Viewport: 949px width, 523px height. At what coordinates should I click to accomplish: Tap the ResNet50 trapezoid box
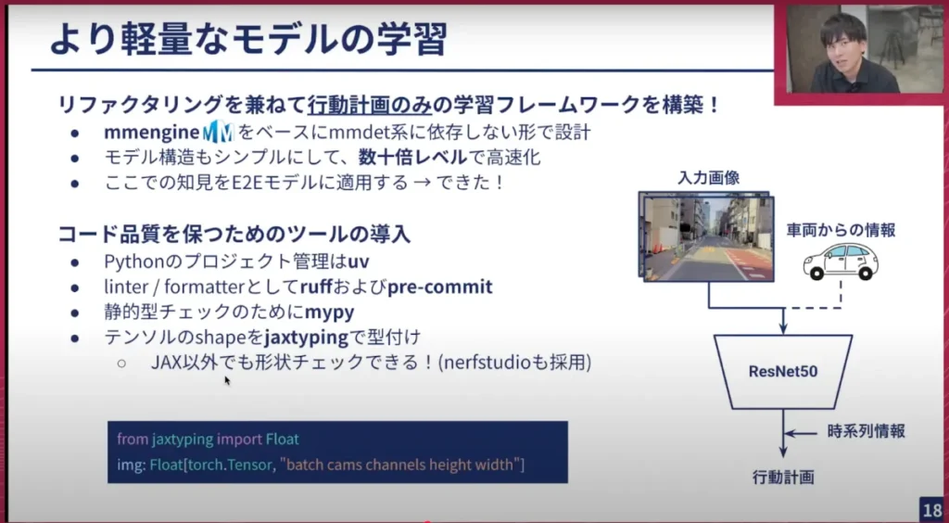click(x=783, y=371)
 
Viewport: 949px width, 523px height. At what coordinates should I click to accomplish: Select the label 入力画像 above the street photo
click(x=709, y=178)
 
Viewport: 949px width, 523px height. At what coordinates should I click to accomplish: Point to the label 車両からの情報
click(x=841, y=230)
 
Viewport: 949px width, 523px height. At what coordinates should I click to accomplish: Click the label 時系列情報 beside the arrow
click(x=867, y=431)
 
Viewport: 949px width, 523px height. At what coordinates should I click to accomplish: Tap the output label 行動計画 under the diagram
click(x=783, y=478)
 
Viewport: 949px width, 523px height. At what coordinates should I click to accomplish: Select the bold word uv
click(x=359, y=261)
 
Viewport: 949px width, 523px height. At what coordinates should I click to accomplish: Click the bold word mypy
click(x=329, y=313)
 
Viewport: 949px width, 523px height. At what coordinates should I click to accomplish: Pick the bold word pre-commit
click(x=440, y=287)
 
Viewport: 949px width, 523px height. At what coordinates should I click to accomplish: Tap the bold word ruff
click(x=317, y=287)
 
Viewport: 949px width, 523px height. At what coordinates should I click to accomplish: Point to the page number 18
click(x=932, y=508)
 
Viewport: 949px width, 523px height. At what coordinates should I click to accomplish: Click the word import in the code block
click(x=240, y=439)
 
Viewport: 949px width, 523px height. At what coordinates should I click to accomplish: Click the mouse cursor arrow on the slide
click(x=228, y=381)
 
